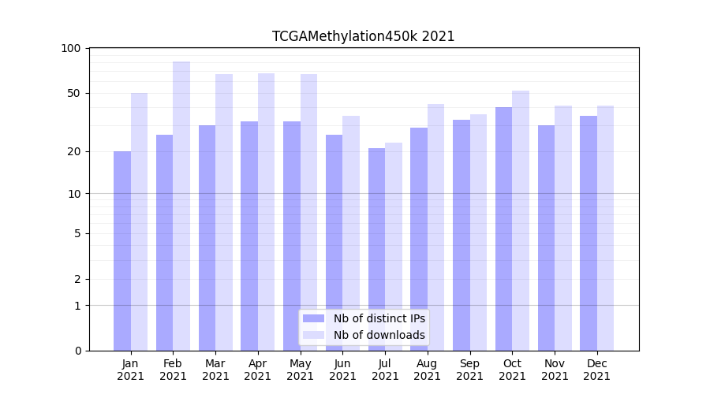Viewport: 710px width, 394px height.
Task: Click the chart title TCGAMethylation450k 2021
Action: (363, 36)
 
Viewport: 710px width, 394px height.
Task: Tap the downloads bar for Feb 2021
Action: (181, 206)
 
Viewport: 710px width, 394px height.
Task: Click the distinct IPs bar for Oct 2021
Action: (504, 229)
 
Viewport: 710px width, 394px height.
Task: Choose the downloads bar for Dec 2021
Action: (606, 228)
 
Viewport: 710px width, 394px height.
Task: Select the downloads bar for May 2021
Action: (309, 212)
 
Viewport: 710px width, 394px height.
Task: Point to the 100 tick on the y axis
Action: (71, 49)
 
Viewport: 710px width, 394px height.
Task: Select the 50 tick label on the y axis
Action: (74, 94)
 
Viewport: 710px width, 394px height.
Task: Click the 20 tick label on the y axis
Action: (74, 152)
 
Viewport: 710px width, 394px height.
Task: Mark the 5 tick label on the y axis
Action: (77, 234)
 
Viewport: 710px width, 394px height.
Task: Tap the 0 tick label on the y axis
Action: (77, 351)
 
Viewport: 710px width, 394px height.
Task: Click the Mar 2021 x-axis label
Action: (215, 370)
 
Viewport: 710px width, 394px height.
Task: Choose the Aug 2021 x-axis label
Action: (428, 370)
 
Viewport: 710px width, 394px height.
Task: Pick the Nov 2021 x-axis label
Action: (555, 370)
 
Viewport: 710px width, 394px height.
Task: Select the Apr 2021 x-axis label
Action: (258, 370)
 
